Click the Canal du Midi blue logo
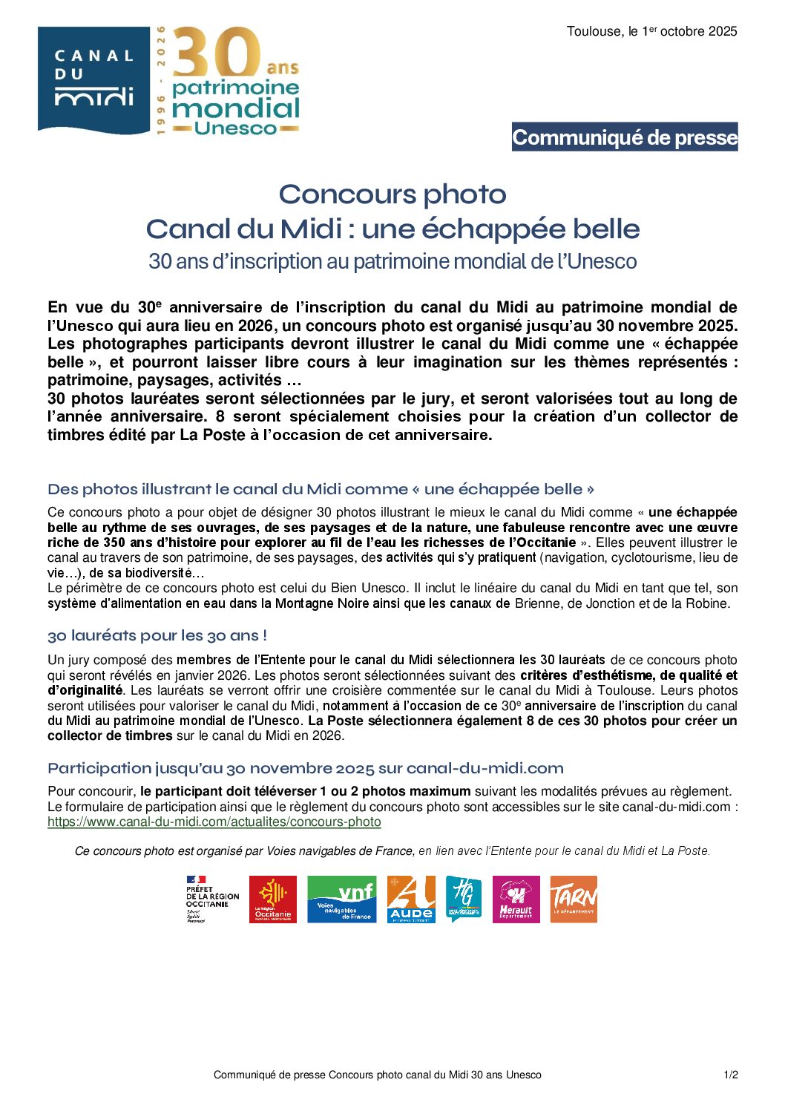(93, 80)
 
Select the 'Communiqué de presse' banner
(625, 137)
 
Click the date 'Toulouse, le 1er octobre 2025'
(651, 31)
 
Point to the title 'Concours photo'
(392, 194)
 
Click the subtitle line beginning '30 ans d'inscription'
(392, 261)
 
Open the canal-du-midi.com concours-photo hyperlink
(214, 822)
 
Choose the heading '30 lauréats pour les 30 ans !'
(157, 636)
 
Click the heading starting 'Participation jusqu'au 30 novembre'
(306, 768)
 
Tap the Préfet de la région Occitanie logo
(212, 899)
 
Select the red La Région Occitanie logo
(273, 899)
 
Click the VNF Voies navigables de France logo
(341, 899)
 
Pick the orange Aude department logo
(411, 899)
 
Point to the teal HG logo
(464, 899)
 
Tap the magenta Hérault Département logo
(516, 899)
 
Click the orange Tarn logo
(574, 899)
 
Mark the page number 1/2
(731, 1075)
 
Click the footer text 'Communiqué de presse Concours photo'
(377, 1075)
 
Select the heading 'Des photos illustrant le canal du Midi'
(321, 490)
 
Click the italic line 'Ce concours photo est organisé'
(392, 851)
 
